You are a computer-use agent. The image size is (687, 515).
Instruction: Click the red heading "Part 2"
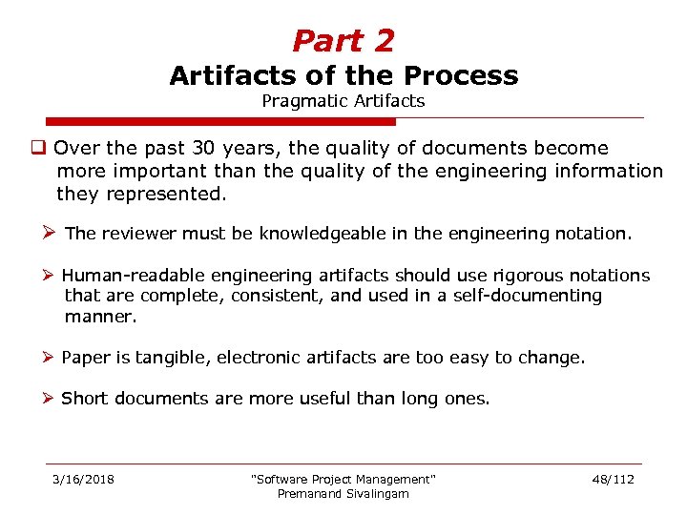[x=343, y=41]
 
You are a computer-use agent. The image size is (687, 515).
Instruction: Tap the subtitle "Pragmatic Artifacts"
[x=343, y=100]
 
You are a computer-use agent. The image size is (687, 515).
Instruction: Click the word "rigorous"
[x=527, y=276]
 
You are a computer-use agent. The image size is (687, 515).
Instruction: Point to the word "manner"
[x=98, y=316]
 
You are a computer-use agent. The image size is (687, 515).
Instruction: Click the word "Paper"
[x=84, y=358]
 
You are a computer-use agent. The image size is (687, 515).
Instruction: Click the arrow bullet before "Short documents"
[x=51, y=399]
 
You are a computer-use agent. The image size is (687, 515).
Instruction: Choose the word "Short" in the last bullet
[x=84, y=399]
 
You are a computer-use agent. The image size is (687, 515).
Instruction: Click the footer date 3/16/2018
[x=83, y=479]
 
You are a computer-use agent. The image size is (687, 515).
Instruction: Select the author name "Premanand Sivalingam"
[x=343, y=493]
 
